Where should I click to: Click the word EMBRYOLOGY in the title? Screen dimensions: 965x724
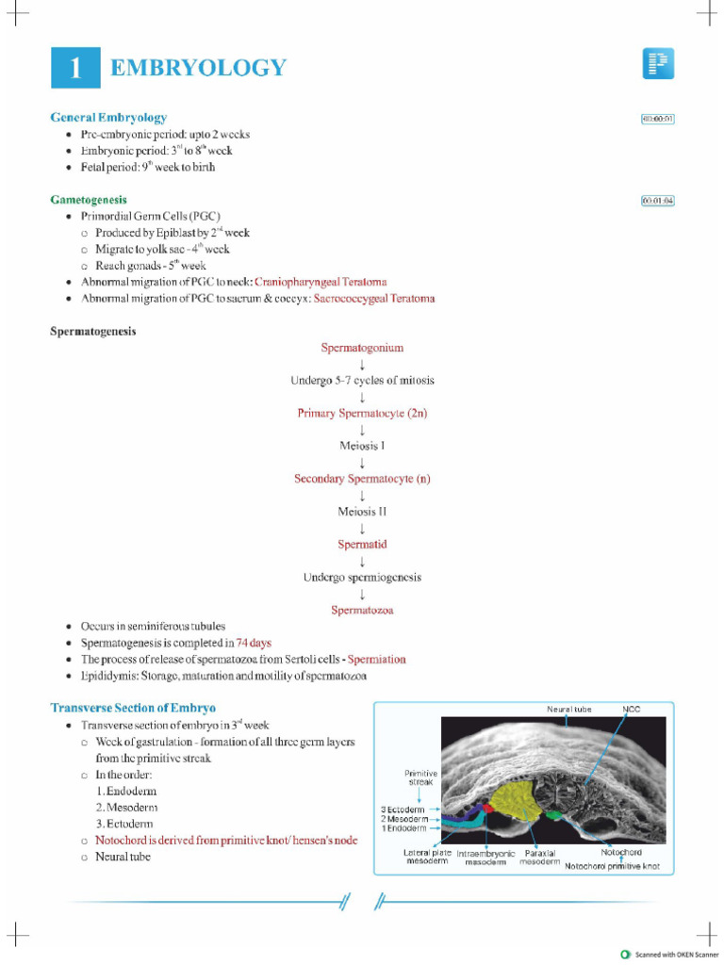click(x=198, y=68)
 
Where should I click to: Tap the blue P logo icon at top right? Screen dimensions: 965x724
click(x=658, y=64)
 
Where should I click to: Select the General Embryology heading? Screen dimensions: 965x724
click(x=108, y=118)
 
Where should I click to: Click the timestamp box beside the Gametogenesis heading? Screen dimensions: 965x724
click(x=657, y=201)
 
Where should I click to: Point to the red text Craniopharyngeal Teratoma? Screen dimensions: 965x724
click(x=320, y=282)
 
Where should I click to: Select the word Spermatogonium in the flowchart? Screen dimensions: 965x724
click(x=362, y=348)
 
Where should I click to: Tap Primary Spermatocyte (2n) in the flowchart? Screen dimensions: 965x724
click(x=362, y=413)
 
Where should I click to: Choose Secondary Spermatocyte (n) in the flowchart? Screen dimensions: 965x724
click(x=362, y=479)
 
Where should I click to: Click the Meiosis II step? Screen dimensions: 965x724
click(x=362, y=512)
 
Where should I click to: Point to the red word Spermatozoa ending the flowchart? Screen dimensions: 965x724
click(x=362, y=610)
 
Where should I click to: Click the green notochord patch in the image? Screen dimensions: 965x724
click(x=554, y=813)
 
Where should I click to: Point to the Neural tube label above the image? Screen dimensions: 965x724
click(x=568, y=709)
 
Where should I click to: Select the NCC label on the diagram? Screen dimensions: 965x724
click(x=631, y=709)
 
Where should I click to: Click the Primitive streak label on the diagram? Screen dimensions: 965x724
click(x=420, y=777)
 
